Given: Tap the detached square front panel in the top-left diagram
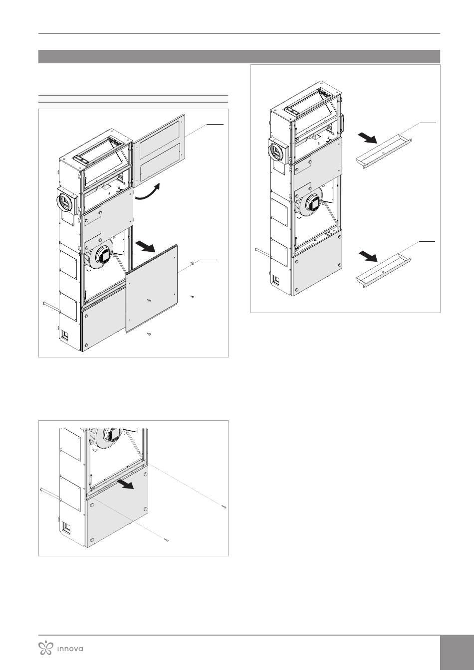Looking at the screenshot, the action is click(x=152, y=288).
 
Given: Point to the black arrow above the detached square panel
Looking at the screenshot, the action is click(x=145, y=247).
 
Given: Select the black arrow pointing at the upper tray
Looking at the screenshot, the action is click(x=367, y=138).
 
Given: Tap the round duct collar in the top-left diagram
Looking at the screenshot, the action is click(x=66, y=200).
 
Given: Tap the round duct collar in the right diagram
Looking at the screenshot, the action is click(x=278, y=152).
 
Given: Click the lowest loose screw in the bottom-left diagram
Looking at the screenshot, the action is click(x=167, y=540).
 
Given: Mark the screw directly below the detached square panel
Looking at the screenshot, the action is click(x=149, y=334).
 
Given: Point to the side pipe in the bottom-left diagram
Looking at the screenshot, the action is click(x=50, y=494).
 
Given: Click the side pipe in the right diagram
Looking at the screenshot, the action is click(x=263, y=253).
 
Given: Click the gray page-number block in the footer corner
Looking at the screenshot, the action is click(x=457, y=652).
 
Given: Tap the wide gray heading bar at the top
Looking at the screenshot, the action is click(x=239, y=56).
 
